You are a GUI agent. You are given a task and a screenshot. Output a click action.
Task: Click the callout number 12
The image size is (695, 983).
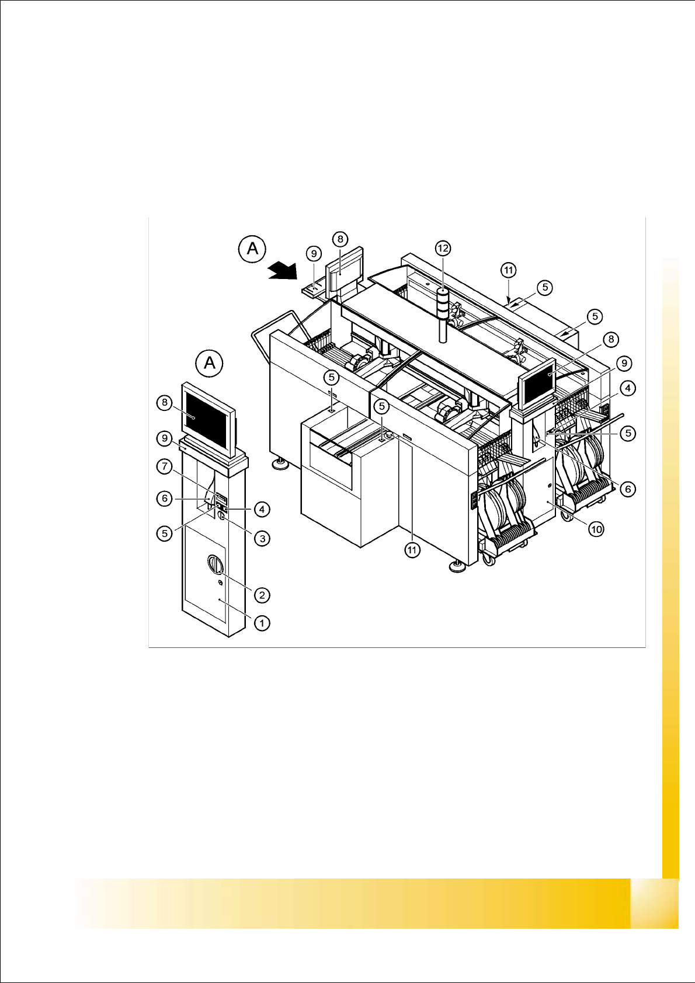(x=443, y=249)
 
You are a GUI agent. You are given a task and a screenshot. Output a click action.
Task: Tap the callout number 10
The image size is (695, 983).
(x=596, y=529)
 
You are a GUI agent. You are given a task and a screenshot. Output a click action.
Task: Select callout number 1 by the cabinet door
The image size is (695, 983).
(x=262, y=623)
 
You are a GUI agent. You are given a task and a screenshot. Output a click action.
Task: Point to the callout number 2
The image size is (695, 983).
(x=262, y=595)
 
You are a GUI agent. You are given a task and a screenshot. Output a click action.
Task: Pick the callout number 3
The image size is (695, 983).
(x=262, y=538)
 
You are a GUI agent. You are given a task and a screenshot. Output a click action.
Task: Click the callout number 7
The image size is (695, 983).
(x=165, y=466)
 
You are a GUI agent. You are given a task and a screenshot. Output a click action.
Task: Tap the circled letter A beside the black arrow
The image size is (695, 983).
(x=252, y=249)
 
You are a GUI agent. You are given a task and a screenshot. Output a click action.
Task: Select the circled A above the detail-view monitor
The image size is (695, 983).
(x=210, y=363)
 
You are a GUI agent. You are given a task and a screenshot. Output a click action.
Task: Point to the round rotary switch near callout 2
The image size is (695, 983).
(x=215, y=565)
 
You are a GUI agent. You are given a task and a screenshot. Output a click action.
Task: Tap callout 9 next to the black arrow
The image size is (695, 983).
(x=314, y=254)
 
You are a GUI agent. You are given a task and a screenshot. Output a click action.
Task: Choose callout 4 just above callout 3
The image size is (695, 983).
(x=262, y=510)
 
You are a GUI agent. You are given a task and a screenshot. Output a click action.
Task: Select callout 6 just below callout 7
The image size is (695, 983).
(x=165, y=499)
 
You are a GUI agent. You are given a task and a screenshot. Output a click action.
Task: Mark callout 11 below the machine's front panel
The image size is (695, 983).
(x=413, y=550)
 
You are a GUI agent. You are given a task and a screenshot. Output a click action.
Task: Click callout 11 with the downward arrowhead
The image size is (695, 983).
(x=509, y=270)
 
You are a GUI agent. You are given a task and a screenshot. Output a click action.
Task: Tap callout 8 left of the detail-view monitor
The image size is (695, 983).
(x=165, y=402)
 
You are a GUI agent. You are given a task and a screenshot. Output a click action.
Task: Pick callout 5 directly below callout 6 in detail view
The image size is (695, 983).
(x=165, y=533)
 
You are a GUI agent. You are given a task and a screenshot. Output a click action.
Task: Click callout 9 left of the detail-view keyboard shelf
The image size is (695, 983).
(x=165, y=438)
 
